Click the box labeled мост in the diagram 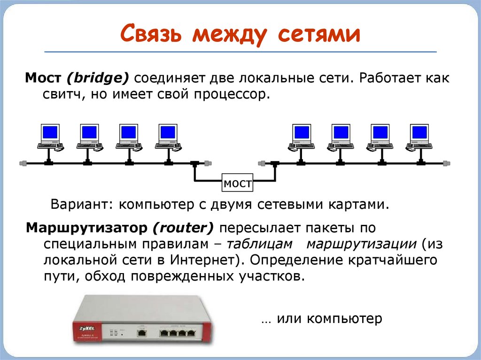pyautogui.click(x=238, y=183)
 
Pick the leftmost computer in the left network pyautogui.click(x=50, y=136)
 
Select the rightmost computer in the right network pyautogui.click(x=419, y=136)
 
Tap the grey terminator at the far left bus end pyautogui.click(x=22, y=163)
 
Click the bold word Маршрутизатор pyautogui.click(x=87, y=229)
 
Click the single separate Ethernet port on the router pyautogui.click(x=141, y=333)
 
